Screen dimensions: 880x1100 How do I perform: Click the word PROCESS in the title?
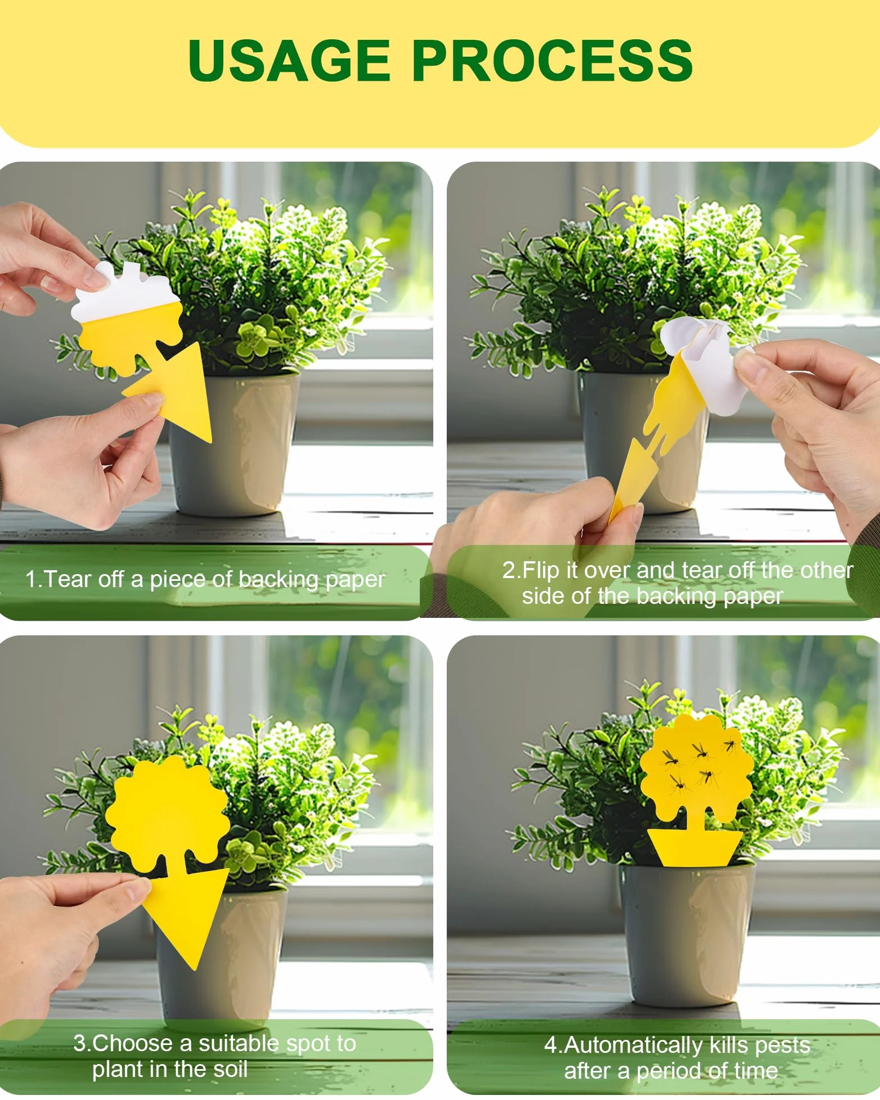(x=552, y=61)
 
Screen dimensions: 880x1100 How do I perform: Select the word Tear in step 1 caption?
(x=67, y=579)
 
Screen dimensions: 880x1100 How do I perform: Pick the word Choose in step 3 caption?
(x=132, y=1043)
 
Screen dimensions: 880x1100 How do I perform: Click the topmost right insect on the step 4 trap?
(x=730, y=746)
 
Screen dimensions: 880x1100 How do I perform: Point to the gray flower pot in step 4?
(x=688, y=932)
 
